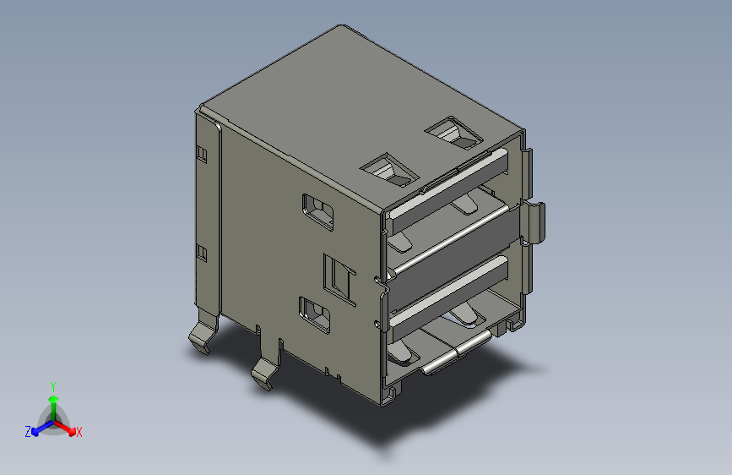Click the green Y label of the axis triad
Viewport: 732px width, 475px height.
[x=52, y=385]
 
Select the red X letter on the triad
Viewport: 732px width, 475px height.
[x=79, y=432]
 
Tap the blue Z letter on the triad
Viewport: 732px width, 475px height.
[x=28, y=431]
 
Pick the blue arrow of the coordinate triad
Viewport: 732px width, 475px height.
[x=38, y=428]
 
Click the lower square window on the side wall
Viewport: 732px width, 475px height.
[x=315, y=313]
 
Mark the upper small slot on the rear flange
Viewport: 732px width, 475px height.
[x=201, y=153]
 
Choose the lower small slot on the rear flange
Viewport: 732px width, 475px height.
[x=201, y=252]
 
